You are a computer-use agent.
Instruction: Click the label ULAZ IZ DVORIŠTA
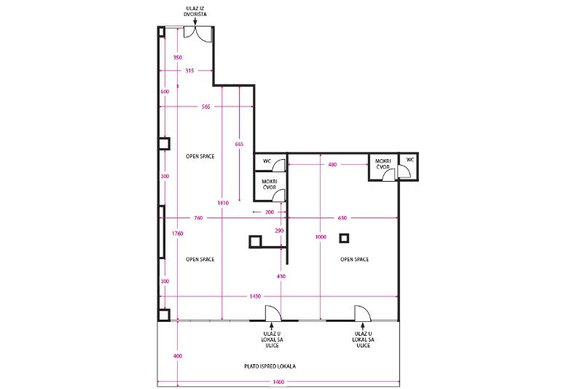[195, 11]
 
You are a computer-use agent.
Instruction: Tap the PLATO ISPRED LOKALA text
[270, 366]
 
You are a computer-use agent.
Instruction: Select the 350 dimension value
[178, 58]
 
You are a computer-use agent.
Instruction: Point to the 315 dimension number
[189, 71]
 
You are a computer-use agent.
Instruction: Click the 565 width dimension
[206, 107]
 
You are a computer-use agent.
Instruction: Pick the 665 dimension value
[240, 144]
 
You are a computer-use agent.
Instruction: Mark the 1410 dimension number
[223, 203]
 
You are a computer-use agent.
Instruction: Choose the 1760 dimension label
[177, 234]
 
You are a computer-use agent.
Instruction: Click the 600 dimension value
[165, 92]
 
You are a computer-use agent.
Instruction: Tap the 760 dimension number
[198, 218]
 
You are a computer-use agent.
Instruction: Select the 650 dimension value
[342, 218]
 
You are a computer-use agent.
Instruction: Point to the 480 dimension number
[332, 164]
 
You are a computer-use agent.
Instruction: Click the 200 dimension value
[269, 212]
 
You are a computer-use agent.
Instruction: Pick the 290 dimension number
[279, 231]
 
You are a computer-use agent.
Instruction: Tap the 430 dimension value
[281, 277]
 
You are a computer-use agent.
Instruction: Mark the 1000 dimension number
[321, 237]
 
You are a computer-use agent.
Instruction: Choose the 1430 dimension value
[255, 297]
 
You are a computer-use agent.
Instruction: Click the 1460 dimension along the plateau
[278, 382]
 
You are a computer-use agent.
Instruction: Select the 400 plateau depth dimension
[178, 356]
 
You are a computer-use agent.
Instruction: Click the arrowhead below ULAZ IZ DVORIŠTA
[195, 23]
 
